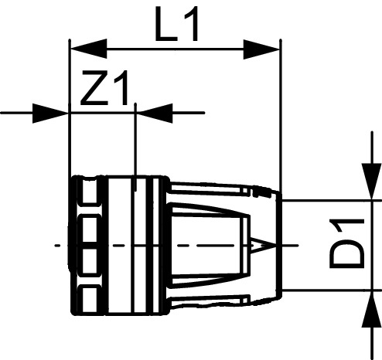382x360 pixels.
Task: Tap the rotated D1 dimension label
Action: [x=343, y=243]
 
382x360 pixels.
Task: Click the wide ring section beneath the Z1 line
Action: [x=135, y=246]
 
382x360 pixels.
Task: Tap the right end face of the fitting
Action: [x=278, y=246]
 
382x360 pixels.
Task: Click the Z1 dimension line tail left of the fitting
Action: [x=23, y=113]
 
